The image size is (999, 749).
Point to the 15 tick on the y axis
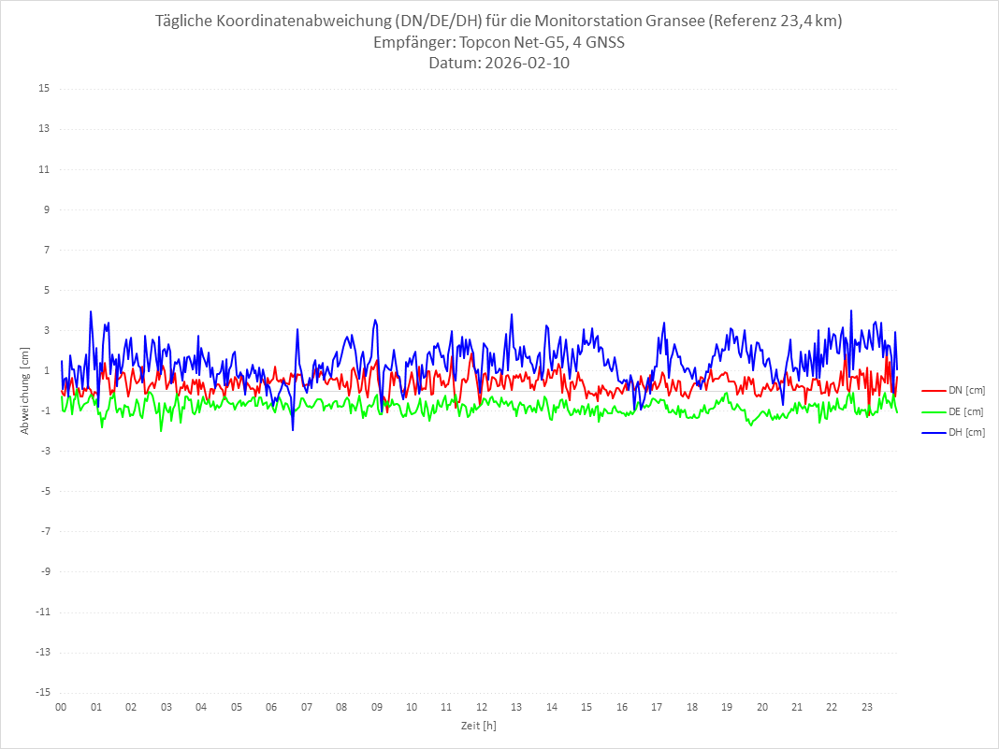tap(43, 89)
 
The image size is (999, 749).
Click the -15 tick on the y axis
tap(41, 692)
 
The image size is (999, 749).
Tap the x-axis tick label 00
tap(61, 707)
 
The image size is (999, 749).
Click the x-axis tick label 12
tap(482, 707)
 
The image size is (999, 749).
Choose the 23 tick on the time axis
tap(867, 707)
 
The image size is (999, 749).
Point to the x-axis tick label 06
tap(271, 707)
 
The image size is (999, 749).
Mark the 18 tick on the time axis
tap(692, 707)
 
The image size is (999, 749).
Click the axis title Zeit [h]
tap(478, 725)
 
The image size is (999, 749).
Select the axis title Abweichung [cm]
tap(25, 390)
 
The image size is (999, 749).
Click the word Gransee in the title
tap(673, 22)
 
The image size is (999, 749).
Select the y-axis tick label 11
tap(43, 169)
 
